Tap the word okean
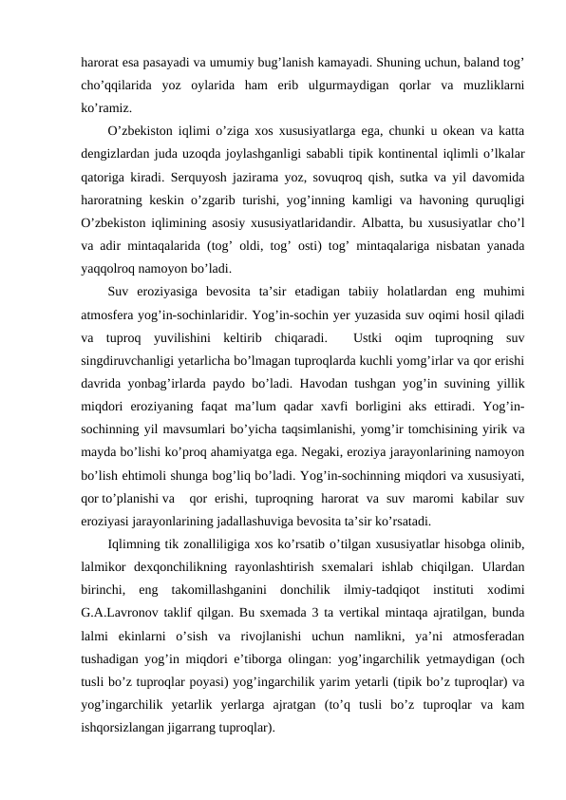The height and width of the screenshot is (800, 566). pyautogui.click(x=404, y=131)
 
